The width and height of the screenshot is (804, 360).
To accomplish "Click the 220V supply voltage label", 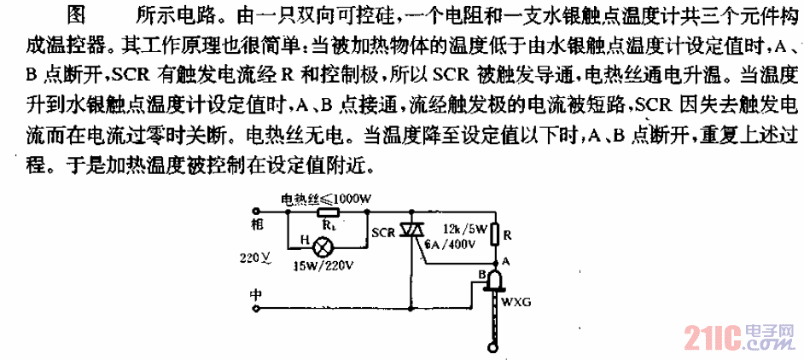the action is (254, 258).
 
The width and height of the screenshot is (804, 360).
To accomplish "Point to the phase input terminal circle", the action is (256, 210).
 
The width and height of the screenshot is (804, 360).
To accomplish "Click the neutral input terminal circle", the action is (256, 309).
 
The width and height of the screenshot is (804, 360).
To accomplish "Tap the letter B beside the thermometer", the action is (481, 276).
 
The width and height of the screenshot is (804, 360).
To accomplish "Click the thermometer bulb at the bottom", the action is (494, 349).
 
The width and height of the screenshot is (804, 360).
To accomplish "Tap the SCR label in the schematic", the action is (383, 232).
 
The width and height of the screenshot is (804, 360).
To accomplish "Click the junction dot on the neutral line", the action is (411, 309).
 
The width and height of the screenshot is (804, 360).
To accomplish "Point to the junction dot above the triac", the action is (411, 211).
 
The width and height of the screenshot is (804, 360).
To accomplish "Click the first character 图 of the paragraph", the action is (77, 15).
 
